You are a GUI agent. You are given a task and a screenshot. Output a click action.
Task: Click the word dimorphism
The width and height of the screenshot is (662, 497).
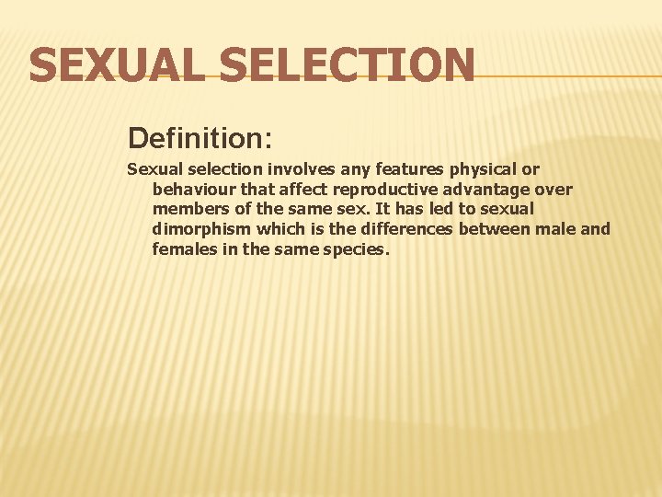[200, 229]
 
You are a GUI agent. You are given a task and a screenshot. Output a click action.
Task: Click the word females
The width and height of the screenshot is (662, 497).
[185, 248]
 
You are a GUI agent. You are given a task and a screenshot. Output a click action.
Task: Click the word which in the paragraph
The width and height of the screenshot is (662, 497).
[281, 229]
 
